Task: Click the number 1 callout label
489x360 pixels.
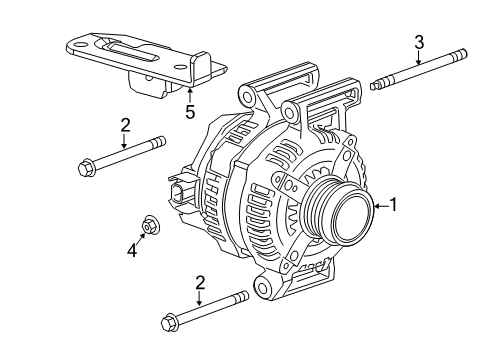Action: (394, 206)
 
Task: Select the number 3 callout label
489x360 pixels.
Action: (420, 41)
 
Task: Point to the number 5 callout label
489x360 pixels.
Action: (189, 112)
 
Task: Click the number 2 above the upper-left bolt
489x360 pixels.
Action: (125, 125)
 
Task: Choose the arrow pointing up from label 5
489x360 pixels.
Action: (189, 95)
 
